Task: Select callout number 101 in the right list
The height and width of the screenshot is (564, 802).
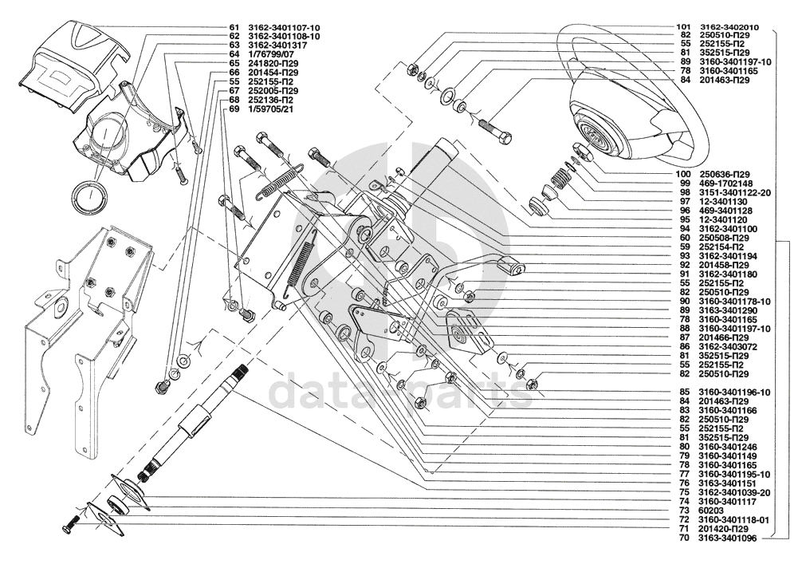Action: (x=683, y=27)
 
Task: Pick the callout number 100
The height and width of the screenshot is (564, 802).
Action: (x=683, y=174)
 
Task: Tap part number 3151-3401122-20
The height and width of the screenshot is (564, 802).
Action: (x=735, y=192)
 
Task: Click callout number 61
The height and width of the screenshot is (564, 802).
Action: (x=234, y=27)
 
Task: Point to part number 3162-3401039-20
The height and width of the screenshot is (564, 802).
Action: (x=735, y=493)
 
